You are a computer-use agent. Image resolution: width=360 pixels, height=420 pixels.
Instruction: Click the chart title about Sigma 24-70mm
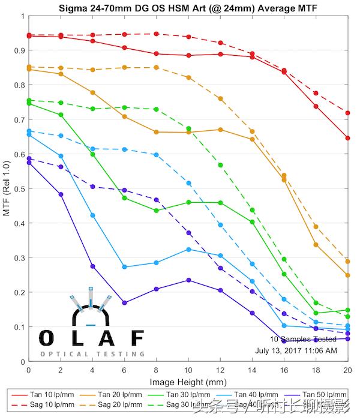(187, 8)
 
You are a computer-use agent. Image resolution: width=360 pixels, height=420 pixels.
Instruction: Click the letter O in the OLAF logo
(47, 338)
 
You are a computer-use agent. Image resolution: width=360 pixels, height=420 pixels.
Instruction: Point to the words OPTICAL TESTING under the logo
(92, 354)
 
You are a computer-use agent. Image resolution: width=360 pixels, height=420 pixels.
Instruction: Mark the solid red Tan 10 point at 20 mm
(347, 138)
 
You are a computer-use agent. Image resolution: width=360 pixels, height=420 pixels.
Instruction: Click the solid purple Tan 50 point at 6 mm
(124, 303)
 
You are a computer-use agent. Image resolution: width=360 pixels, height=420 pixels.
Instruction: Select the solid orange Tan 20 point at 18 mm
(316, 245)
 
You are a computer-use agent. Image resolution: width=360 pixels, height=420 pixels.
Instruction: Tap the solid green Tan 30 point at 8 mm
(156, 211)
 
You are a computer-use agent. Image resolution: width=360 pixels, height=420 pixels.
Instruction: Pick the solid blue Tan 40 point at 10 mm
(188, 249)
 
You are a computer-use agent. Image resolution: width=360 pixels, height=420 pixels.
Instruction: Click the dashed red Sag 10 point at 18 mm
(316, 93)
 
